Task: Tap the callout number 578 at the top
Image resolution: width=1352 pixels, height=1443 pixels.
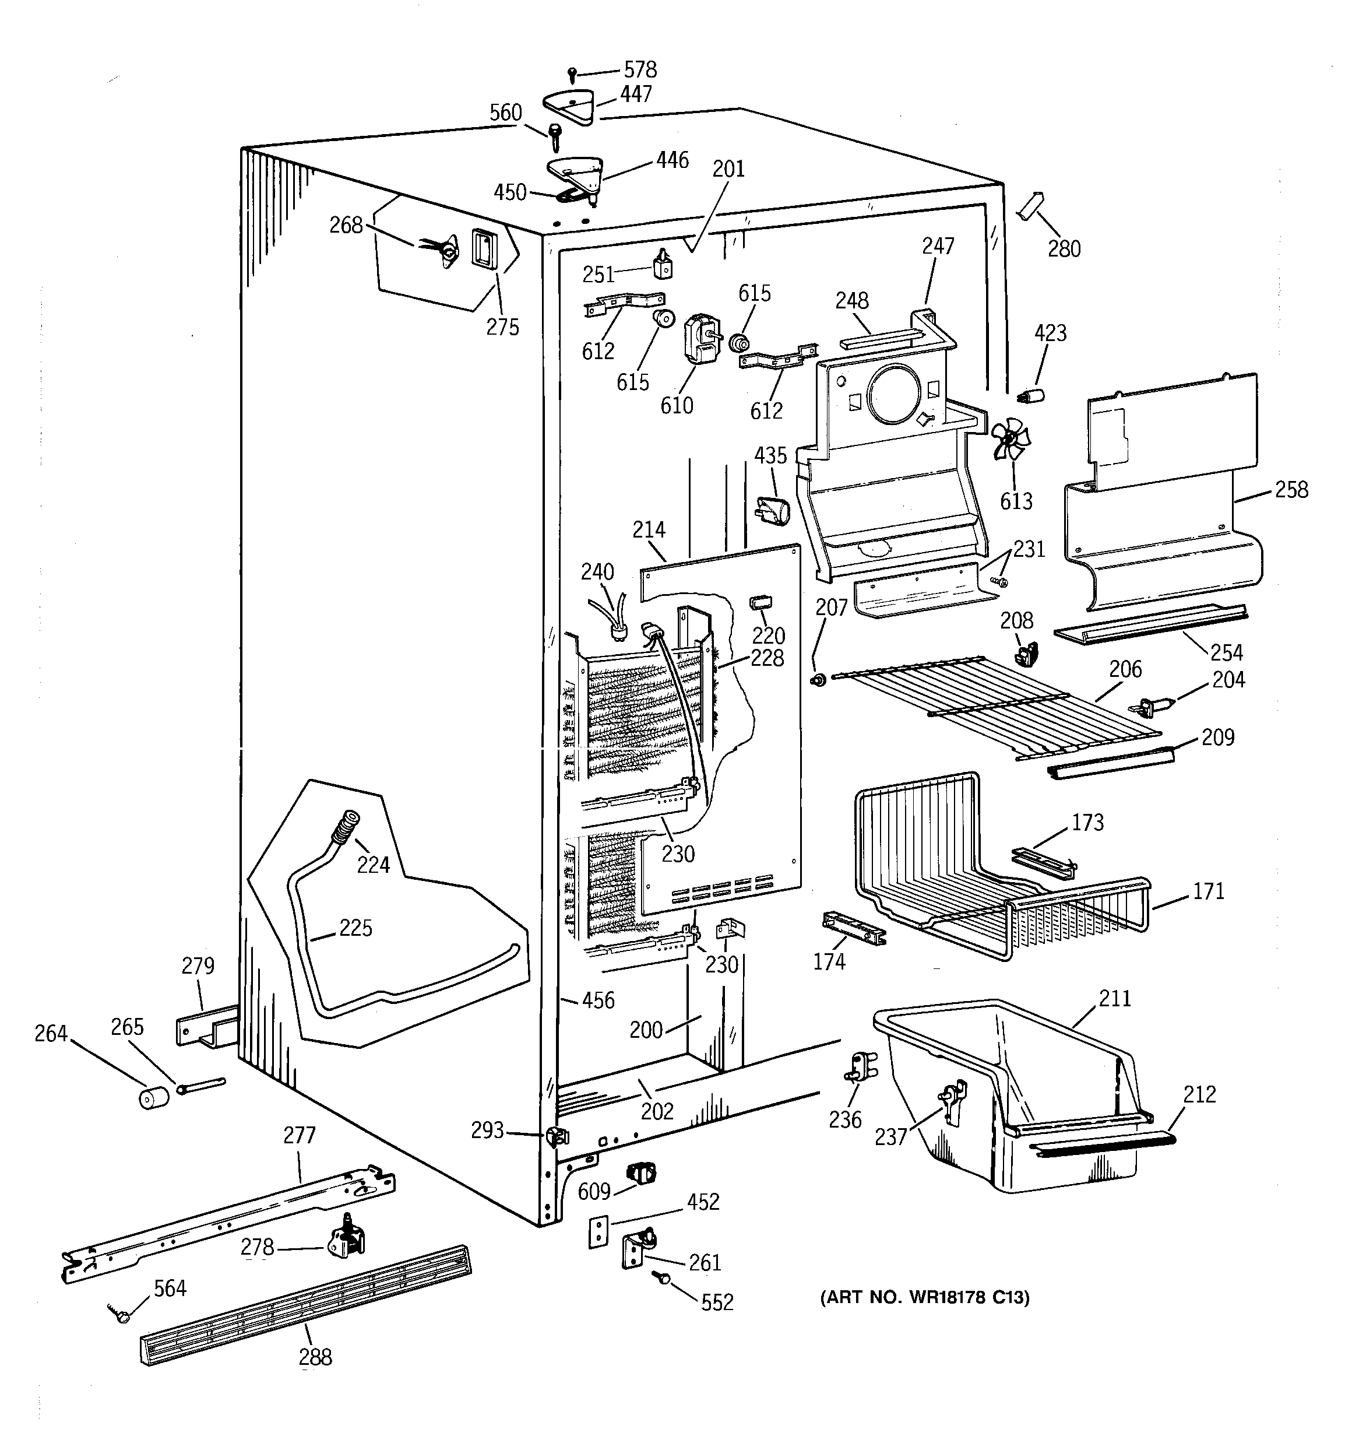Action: (x=640, y=70)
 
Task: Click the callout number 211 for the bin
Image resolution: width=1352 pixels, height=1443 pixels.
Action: (x=1115, y=999)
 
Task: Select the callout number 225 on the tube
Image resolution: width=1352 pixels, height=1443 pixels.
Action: (x=355, y=928)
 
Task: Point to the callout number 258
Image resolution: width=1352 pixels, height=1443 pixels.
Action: (x=1292, y=490)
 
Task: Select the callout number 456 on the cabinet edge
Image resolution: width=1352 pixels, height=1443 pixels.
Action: (x=598, y=1000)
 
